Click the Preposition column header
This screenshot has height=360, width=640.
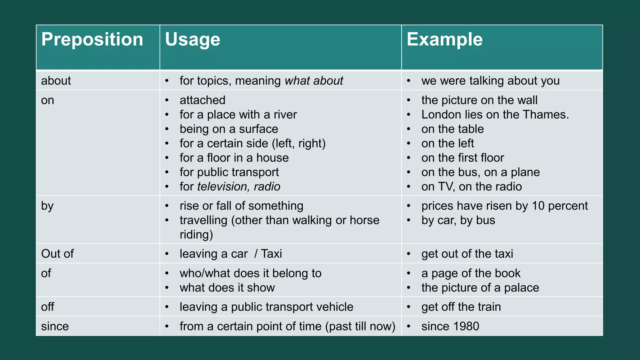coord(92,40)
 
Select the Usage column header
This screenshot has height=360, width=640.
coord(192,40)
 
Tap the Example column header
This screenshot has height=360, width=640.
coord(444,40)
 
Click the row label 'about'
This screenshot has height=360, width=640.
coord(56,81)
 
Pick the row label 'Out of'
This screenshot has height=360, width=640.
coord(57,254)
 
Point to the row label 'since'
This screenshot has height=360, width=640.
coord(55,326)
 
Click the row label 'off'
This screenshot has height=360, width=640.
coord(47,307)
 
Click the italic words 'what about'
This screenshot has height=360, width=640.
coord(314,81)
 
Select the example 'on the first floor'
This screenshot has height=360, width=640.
coord(462,158)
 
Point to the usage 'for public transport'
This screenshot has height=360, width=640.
coord(229,172)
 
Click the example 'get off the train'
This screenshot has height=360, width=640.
coord(461,307)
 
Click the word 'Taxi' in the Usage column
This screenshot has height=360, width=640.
coord(271,254)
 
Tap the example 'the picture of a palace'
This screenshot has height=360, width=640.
coord(480,288)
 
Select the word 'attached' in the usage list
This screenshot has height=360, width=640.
coord(202,100)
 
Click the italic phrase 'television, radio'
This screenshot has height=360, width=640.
coord(239,187)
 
